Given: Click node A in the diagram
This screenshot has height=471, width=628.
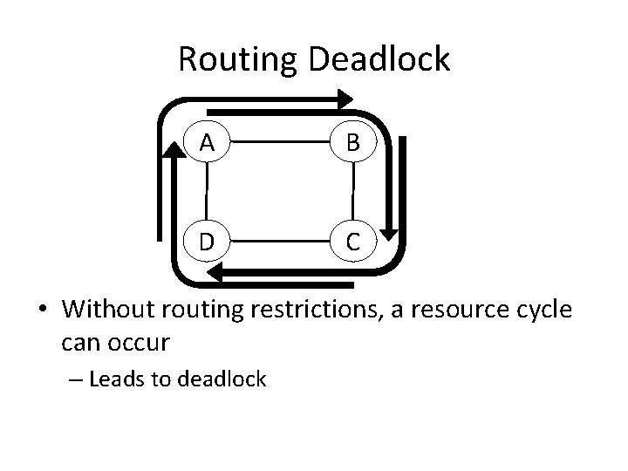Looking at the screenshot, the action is click(x=207, y=142).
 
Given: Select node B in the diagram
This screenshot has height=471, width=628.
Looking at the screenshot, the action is click(x=352, y=142).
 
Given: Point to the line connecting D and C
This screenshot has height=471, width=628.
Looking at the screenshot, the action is click(x=279, y=238).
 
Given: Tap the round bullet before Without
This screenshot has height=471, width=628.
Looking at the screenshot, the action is click(x=43, y=311).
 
